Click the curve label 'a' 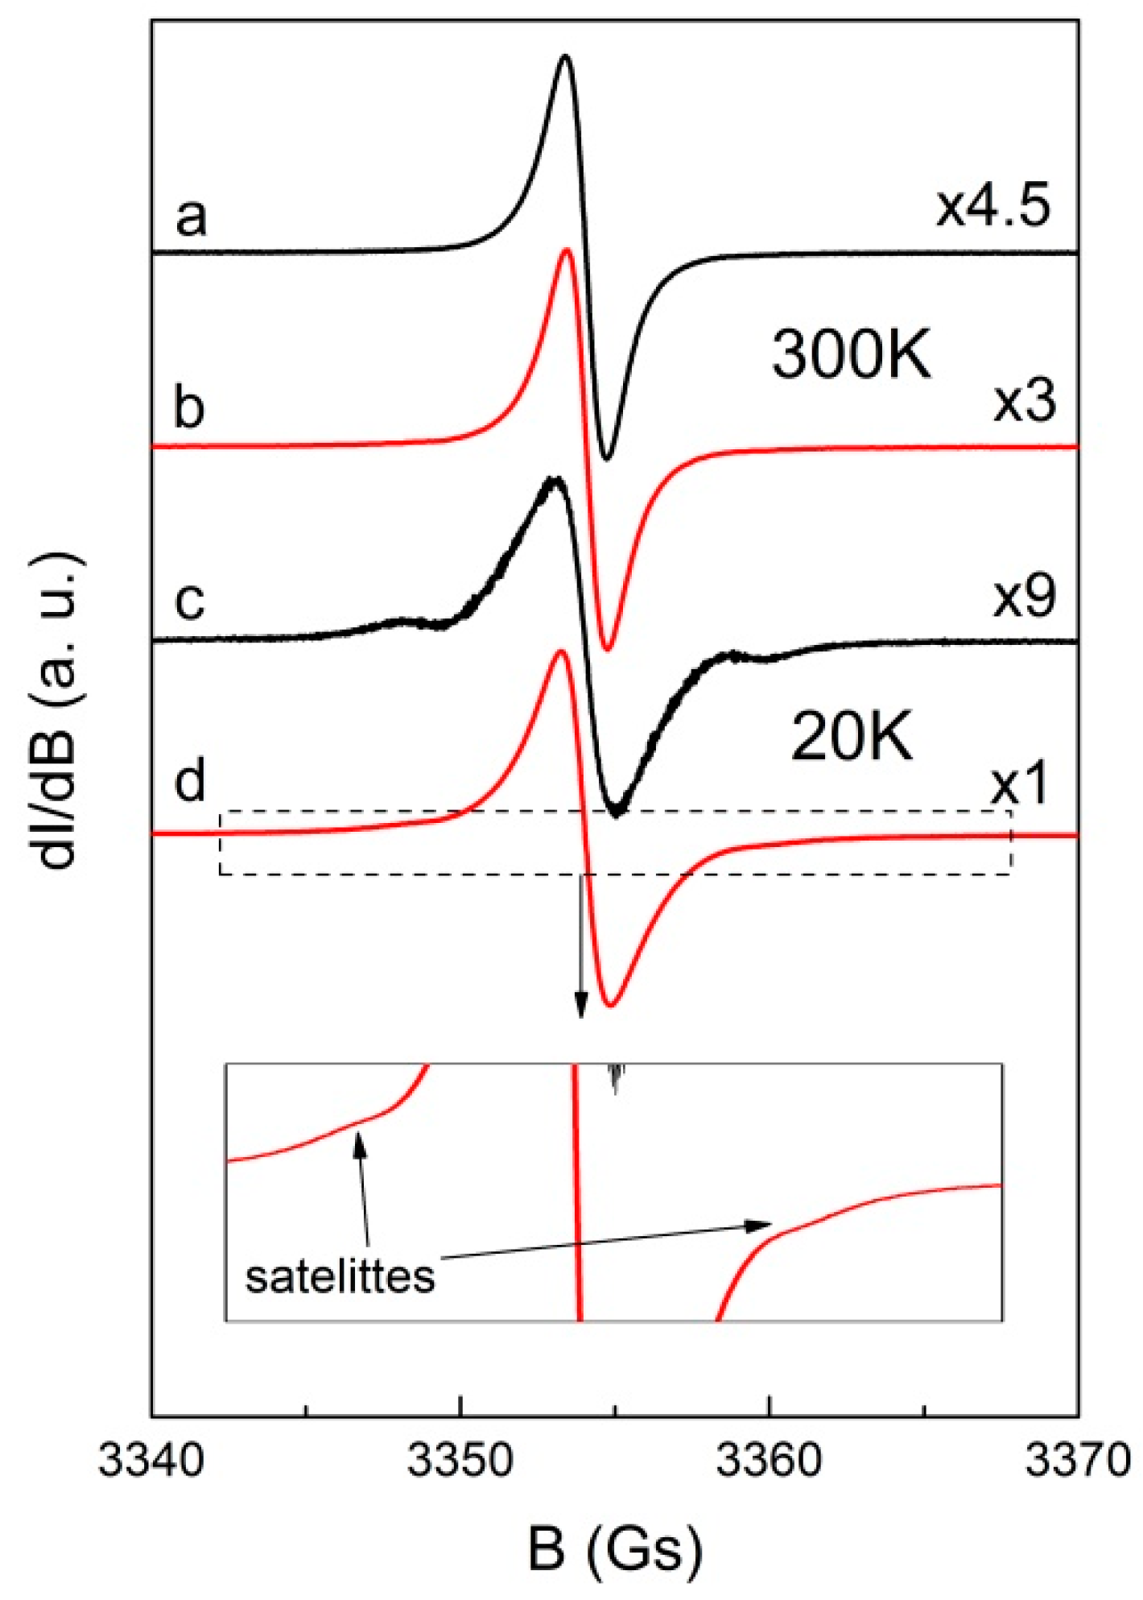click(191, 217)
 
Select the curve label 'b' click(190, 407)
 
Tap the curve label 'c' click(190, 601)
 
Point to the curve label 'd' click(191, 780)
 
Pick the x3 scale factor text click(1024, 402)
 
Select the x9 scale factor click(1024, 597)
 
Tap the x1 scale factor click(1019, 785)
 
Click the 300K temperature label click(852, 355)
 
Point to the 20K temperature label click(852, 738)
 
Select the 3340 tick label click(151, 1460)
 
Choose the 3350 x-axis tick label click(460, 1460)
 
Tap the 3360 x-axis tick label click(769, 1460)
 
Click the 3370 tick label click(1077, 1460)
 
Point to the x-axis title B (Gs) click(615, 1551)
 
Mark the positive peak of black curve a click(565, 56)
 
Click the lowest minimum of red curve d click(611, 1004)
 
